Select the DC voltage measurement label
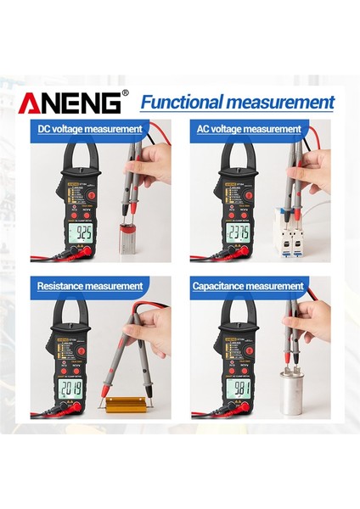point(90,129)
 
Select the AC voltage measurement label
point(250,129)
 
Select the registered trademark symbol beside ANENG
point(125,93)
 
